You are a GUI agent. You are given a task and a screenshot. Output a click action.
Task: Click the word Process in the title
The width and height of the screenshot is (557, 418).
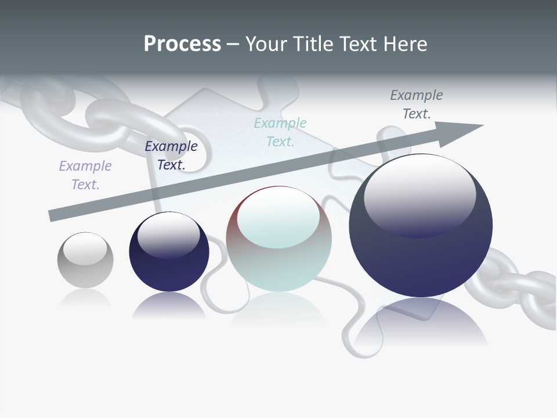click(182, 44)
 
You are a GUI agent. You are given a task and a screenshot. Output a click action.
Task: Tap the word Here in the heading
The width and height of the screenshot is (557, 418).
click(406, 44)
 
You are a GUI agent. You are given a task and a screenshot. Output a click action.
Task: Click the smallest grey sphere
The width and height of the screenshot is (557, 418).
click(85, 260)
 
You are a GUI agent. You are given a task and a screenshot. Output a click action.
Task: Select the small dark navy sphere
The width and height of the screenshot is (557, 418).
click(169, 252)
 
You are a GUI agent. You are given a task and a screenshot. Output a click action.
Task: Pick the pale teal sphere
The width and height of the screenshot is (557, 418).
click(279, 239)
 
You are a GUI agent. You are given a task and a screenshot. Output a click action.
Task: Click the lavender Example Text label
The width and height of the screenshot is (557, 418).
click(85, 175)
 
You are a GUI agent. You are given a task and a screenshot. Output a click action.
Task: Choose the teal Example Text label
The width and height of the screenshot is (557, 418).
click(280, 132)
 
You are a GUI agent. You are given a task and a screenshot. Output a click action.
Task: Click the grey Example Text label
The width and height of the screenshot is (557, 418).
click(417, 105)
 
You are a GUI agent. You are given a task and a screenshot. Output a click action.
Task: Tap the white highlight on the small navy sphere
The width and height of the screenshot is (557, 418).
click(168, 235)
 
